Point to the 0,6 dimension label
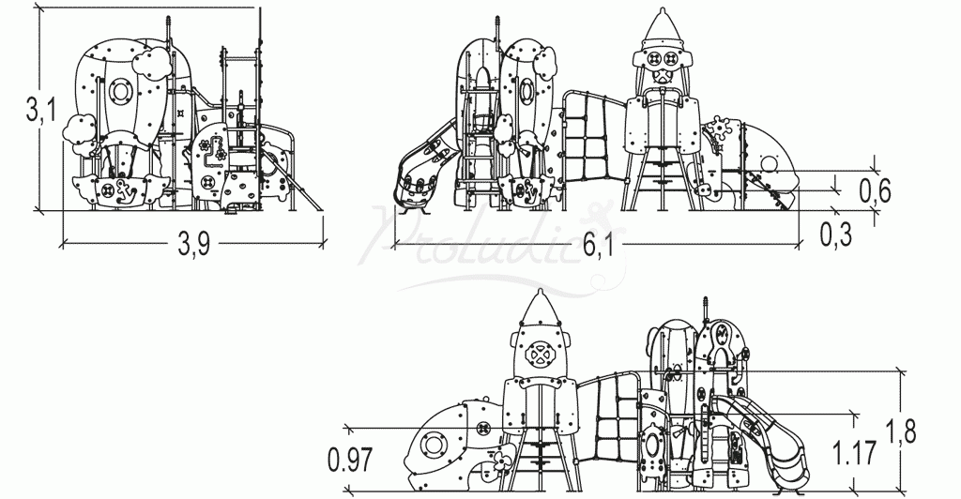point(875,189)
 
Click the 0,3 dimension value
point(835,234)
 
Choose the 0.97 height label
point(350,460)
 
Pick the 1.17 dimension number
point(854,454)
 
